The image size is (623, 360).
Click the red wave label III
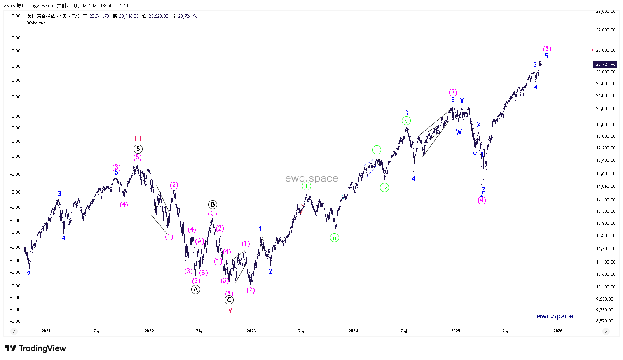(138, 139)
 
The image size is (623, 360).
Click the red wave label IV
(229, 310)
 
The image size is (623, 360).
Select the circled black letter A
(195, 289)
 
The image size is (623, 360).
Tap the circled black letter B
(213, 204)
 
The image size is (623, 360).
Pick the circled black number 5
(138, 149)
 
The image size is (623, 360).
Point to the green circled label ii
(334, 238)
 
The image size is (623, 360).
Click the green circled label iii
(377, 150)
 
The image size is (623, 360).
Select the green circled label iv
(384, 188)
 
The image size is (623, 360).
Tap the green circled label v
(406, 121)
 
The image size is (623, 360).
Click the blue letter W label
(459, 132)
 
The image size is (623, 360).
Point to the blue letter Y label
(475, 155)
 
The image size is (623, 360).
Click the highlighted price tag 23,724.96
(606, 64)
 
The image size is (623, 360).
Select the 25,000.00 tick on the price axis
(606, 50)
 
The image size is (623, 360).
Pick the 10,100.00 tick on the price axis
(606, 287)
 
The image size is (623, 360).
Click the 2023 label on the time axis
(251, 331)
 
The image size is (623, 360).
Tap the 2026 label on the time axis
(558, 331)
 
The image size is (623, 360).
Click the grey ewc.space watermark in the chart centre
(312, 178)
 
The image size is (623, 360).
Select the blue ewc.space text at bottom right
(555, 316)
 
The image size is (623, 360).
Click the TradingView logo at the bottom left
(35, 348)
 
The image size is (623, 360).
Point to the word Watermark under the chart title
(38, 23)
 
